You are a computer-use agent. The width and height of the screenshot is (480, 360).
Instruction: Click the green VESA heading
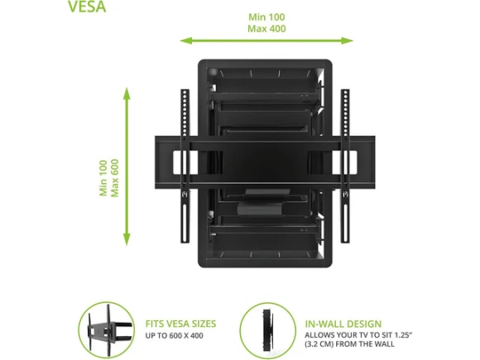pos(87,6)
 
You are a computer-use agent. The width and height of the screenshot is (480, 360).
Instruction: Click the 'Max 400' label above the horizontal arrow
pos(266,29)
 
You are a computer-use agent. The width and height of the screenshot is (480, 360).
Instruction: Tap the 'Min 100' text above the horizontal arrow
pos(266,17)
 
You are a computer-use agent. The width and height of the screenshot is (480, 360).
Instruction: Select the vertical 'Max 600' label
pos(114,178)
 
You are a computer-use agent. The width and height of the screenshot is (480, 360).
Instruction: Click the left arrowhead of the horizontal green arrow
pos(186,41)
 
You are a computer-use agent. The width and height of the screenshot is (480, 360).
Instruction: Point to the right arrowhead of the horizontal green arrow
pos(348,41)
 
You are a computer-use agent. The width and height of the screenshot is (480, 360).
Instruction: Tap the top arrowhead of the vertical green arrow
pos(127,94)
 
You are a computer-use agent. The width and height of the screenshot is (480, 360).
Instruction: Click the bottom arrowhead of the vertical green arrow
pos(127,239)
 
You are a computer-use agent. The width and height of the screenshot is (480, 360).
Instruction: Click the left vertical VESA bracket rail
pos(185,166)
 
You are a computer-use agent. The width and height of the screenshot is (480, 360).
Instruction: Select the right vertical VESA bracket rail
pos(345,166)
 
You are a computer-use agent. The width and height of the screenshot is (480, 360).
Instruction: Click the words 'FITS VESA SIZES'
pos(180,324)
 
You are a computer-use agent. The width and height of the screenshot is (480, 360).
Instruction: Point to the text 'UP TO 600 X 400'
pos(174,336)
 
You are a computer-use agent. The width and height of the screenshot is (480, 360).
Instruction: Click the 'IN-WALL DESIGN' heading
pos(343,324)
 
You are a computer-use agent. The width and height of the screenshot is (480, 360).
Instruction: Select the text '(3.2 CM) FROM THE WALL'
pos(349,344)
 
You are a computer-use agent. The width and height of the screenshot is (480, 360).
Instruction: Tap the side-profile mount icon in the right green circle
pos(267,330)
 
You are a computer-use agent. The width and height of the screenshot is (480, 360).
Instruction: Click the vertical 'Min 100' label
pos(103,178)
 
